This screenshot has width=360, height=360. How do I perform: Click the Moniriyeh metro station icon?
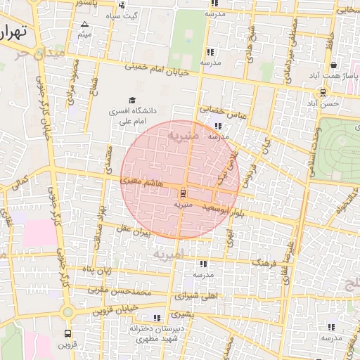click(x=183, y=192)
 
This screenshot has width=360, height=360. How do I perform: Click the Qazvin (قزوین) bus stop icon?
click(x=67, y=334)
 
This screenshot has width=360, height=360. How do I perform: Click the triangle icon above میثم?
click(x=84, y=24)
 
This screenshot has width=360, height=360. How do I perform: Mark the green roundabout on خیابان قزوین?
click(x=67, y=311)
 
